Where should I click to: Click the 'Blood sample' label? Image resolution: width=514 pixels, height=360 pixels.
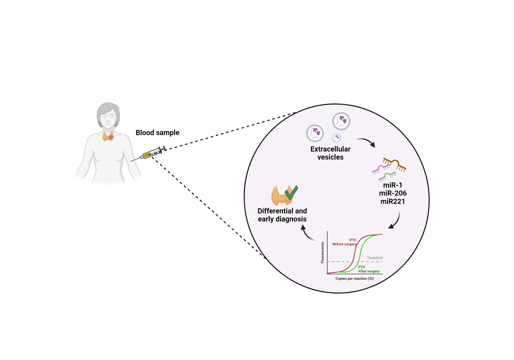157,133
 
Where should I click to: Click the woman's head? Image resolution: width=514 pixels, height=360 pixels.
108,115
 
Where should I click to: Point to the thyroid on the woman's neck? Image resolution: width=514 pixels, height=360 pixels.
108,136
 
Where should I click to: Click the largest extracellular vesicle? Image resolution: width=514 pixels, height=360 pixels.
341,121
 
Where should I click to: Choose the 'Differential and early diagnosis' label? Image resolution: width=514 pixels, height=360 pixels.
282,215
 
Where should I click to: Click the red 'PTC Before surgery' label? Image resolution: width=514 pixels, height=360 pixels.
345,242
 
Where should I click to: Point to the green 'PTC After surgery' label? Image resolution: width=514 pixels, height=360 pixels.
365,269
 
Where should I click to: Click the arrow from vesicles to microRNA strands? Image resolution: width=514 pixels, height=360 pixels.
366,142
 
